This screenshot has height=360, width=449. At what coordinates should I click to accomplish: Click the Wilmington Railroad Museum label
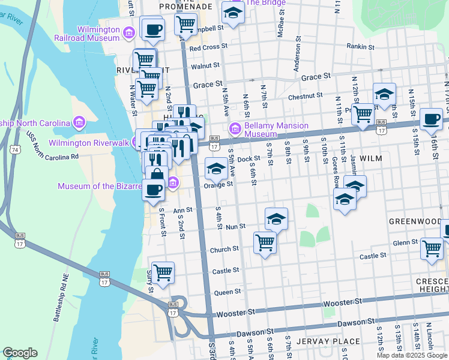pyautogui.click(x=98, y=35)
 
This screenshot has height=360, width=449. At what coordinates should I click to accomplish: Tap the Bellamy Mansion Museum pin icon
pyautogui.click(x=235, y=128)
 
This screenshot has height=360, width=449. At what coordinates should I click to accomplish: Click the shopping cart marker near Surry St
pyautogui.click(x=163, y=272)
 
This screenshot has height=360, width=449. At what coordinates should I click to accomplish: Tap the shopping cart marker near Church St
pyautogui.click(x=265, y=243)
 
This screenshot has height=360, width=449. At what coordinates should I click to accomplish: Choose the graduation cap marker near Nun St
pyautogui.click(x=276, y=219)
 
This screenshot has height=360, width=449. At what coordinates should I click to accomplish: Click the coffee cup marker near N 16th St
pyautogui.click(x=431, y=119)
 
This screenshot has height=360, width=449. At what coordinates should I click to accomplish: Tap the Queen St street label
pyautogui.click(x=228, y=292)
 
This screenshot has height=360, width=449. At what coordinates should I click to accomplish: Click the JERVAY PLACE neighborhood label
pyautogui.click(x=332, y=341)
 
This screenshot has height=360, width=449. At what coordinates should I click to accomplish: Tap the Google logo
pyautogui.click(x=20, y=353)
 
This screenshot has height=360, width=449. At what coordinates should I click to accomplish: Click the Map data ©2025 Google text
pyautogui.click(x=412, y=355)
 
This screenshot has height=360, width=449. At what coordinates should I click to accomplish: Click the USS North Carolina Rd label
pyautogui.click(x=53, y=149)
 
